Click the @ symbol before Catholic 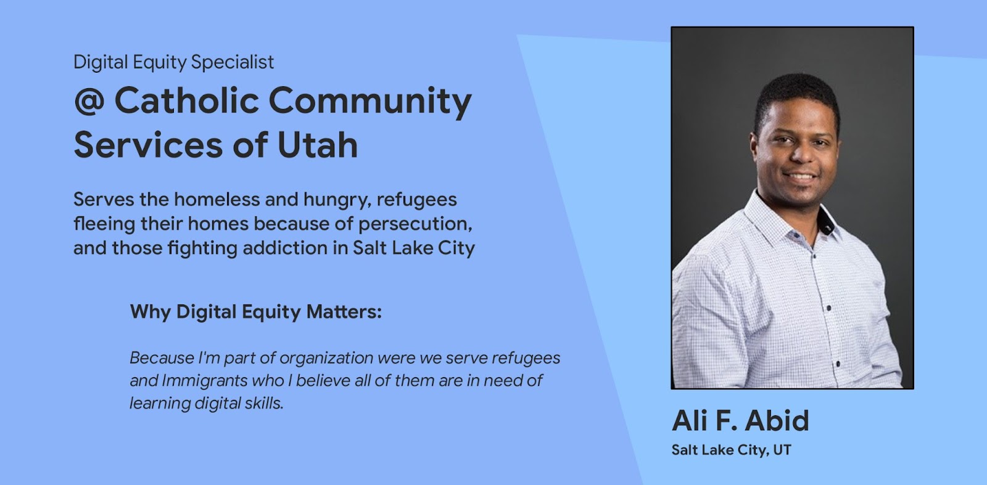(x=89, y=101)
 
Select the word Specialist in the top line (x=232, y=62)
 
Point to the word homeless (x=217, y=199)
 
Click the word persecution (x=415, y=224)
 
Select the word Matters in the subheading (x=344, y=312)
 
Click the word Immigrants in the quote (x=204, y=381)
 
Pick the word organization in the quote (x=326, y=358)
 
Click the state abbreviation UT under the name (x=782, y=450)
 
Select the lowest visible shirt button (x=838, y=364)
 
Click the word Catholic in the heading (x=187, y=101)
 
